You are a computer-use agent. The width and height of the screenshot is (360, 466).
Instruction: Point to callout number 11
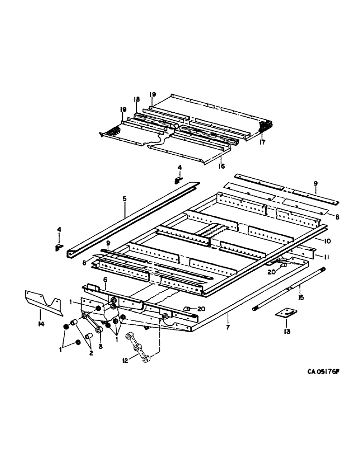point(318,256)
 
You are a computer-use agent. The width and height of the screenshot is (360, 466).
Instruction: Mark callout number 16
point(222,165)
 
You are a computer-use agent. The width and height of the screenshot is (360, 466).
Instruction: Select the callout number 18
point(137,99)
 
